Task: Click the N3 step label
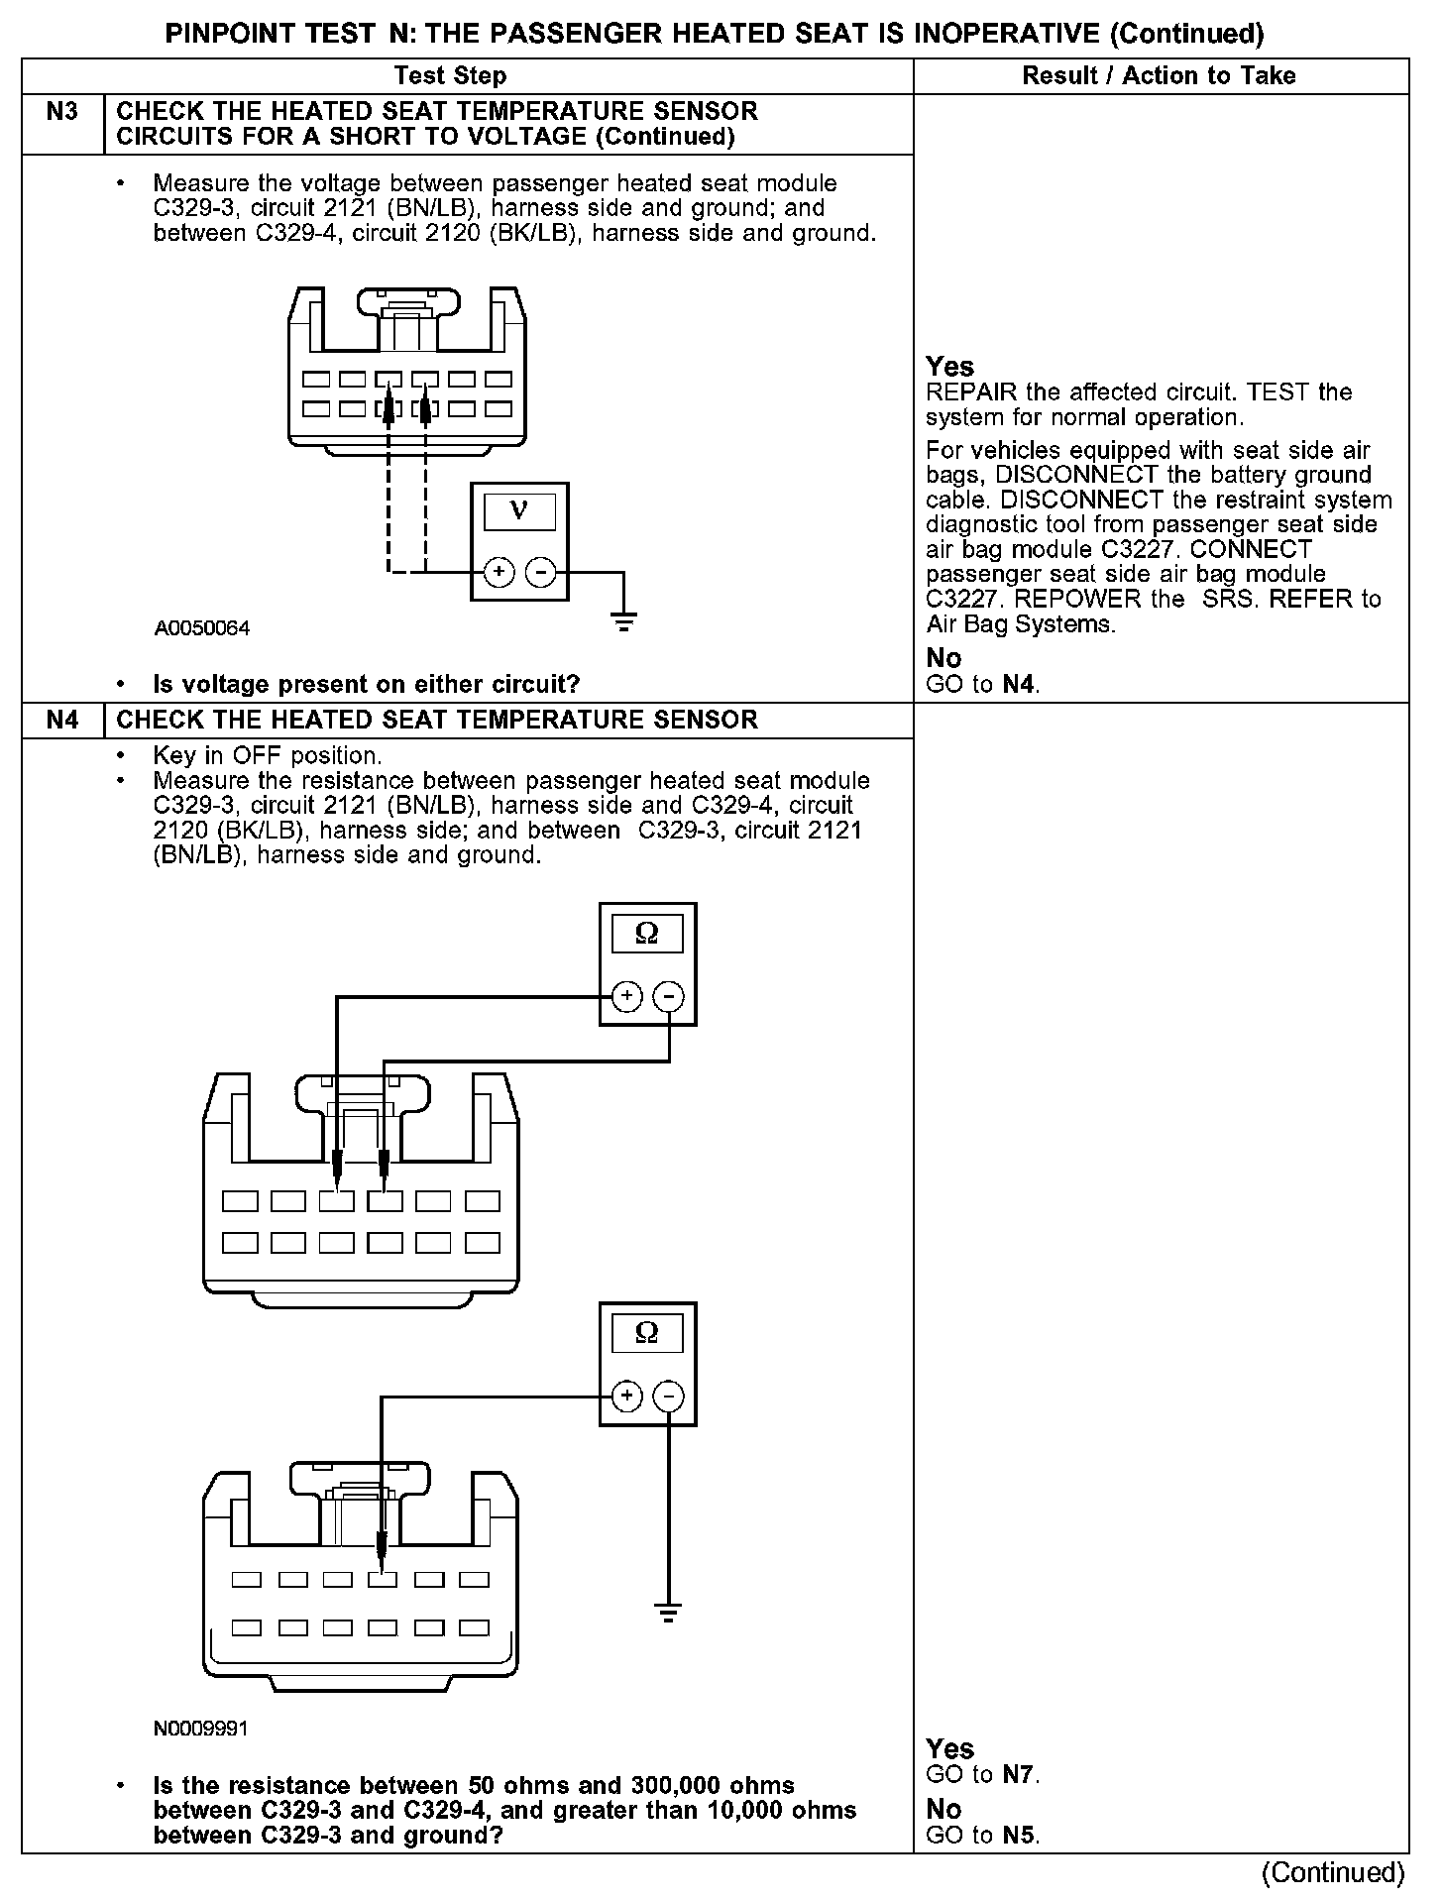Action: [62, 112]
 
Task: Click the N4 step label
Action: [62, 721]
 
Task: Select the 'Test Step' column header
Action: [450, 76]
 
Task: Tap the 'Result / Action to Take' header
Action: [1159, 76]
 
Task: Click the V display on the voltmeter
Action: [519, 511]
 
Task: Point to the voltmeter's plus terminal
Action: [498, 572]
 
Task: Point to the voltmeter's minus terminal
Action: [540, 572]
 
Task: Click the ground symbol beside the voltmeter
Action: [623, 623]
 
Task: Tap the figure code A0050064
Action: [202, 628]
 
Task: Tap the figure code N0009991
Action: [201, 1729]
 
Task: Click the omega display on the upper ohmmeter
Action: [646, 935]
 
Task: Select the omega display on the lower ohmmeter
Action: [646, 1334]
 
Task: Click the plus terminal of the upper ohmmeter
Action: [625, 996]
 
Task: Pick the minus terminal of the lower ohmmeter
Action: [669, 1397]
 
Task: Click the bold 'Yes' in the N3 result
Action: [949, 367]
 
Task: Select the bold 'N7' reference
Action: [1018, 1774]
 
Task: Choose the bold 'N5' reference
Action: [1018, 1835]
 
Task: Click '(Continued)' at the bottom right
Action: [1333, 1872]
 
